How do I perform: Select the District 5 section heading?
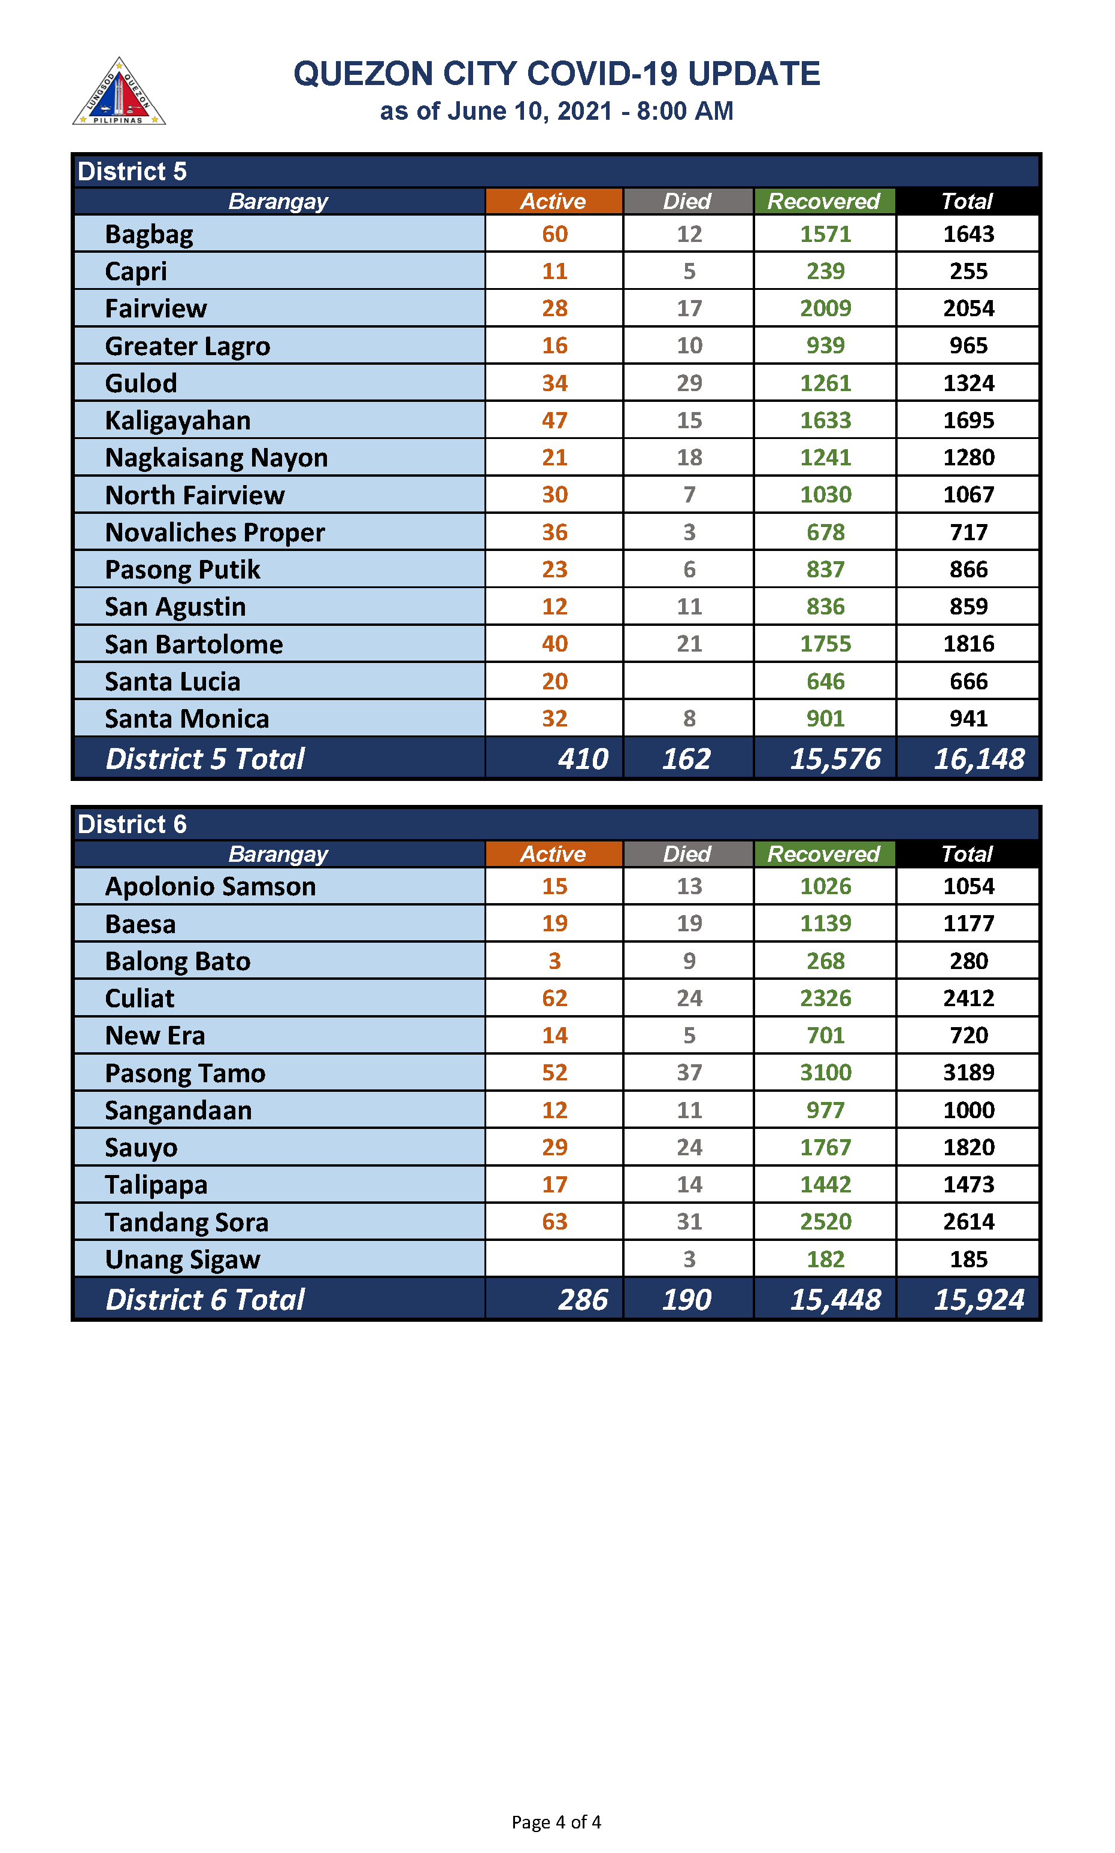pos(132,171)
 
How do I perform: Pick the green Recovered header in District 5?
pos(823,201)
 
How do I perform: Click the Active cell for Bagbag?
pos(555,234)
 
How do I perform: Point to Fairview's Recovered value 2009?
pos(825,308)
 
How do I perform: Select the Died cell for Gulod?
pos(689,383)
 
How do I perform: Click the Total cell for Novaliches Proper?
pos(968,532)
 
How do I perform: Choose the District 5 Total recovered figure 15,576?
pos(835,759)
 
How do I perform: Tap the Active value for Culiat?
pos(555,998)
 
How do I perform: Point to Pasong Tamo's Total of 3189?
pos(968,1072)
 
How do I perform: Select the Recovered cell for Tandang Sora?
pos(825,1221)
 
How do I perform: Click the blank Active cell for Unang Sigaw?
pos(555,1259)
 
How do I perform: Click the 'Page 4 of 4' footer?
pos(556,1821)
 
